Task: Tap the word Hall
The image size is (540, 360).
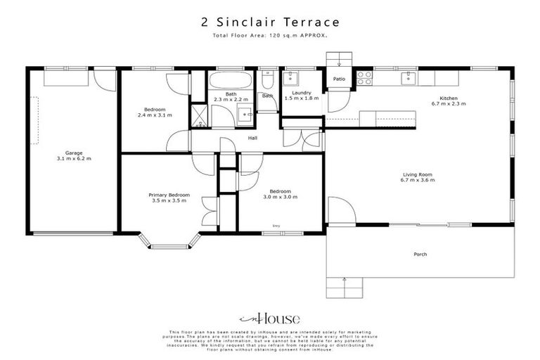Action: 252,138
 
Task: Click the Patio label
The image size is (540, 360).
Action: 339,79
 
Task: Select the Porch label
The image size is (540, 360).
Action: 420,254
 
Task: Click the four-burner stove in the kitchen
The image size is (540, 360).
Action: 364,78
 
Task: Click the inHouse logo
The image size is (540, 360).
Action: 269,317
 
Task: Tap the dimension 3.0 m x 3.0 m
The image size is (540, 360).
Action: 276,198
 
